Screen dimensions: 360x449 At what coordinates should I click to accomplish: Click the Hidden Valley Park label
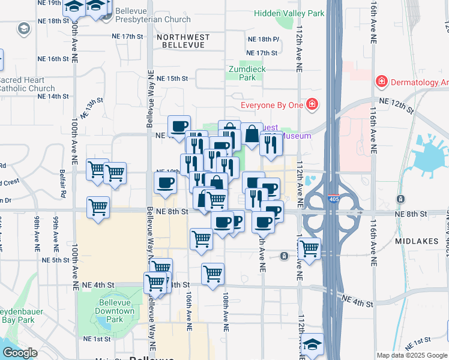[289, 13]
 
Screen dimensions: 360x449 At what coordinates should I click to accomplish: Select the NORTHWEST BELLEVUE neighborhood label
[183, 41]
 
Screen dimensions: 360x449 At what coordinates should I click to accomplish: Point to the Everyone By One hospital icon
[312, 106]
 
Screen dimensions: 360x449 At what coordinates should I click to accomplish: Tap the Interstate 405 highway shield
[332, 198]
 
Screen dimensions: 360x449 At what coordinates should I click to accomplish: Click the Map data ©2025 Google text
[411, 355]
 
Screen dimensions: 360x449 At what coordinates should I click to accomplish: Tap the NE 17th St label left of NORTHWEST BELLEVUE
[128, 37]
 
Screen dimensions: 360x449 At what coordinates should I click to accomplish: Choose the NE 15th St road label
[172, 79]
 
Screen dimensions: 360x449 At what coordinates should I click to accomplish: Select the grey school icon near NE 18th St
[23, 28]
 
